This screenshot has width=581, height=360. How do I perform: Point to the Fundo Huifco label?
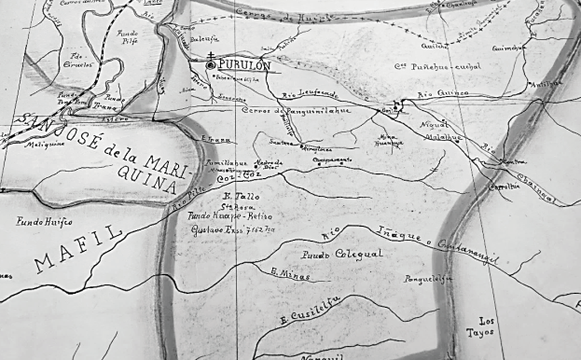click(44, 222)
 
